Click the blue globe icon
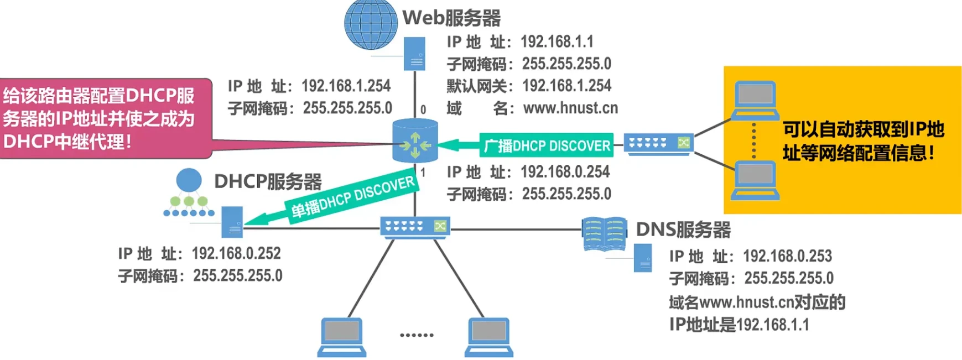371,24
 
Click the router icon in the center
415,141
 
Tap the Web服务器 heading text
451,18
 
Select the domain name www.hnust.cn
570,108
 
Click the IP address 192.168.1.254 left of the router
346,86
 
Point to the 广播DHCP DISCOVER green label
546,145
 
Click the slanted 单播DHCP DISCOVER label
352,197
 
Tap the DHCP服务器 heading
268,181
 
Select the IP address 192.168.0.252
236,253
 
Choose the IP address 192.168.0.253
787,256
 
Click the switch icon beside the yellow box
659,144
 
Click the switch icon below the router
415,227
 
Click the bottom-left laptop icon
341,336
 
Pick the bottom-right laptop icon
488,336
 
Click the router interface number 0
423,109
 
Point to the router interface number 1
423,173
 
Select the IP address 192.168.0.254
565,172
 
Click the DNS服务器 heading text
683,229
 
